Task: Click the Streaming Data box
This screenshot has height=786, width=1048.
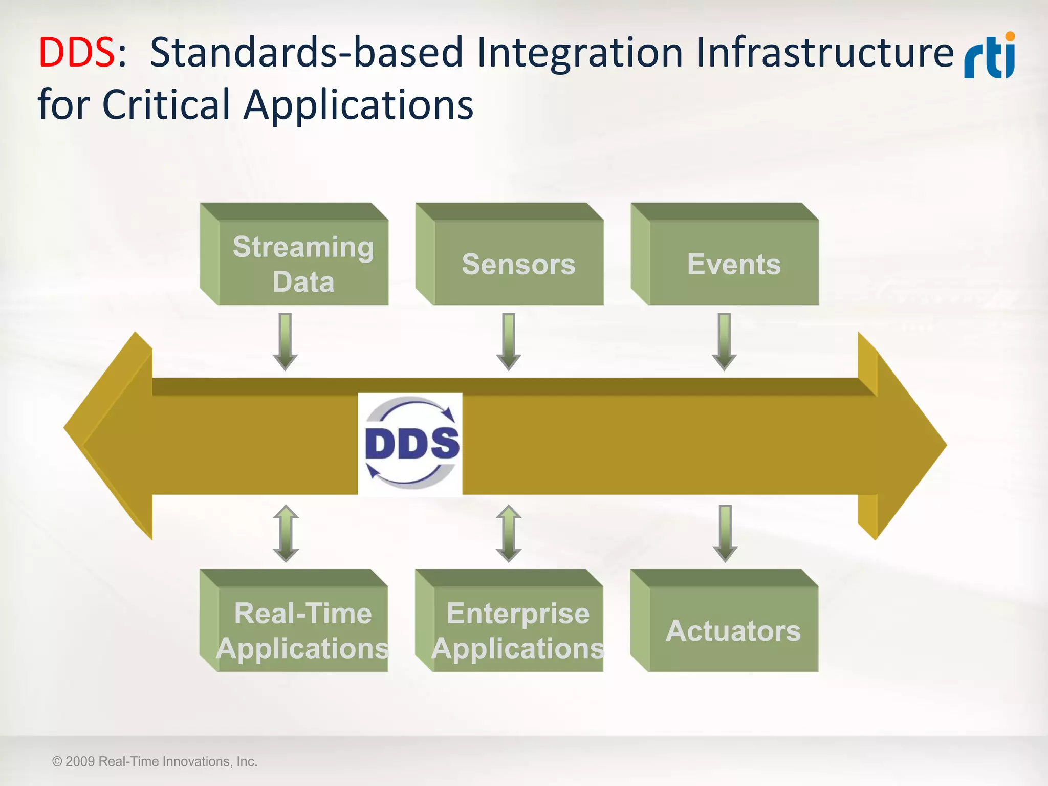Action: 303,263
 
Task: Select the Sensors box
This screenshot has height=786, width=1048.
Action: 518,263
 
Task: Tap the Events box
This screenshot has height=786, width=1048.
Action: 733,263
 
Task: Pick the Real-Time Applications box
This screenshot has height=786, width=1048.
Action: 302,629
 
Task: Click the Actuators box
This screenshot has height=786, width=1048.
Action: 733,629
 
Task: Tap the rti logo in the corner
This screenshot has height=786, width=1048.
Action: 989,56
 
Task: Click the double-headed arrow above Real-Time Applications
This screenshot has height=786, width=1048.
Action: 286,533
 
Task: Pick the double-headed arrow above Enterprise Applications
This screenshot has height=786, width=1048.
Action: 509,533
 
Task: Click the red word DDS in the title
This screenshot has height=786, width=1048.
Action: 77,53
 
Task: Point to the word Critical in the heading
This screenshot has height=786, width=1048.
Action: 166,105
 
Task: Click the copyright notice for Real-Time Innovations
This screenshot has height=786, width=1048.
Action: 155,761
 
